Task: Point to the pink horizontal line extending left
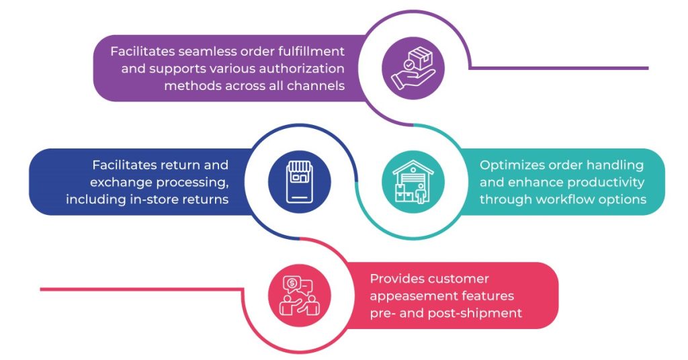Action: coord(134,289)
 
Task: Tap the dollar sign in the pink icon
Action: coord(292,283)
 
